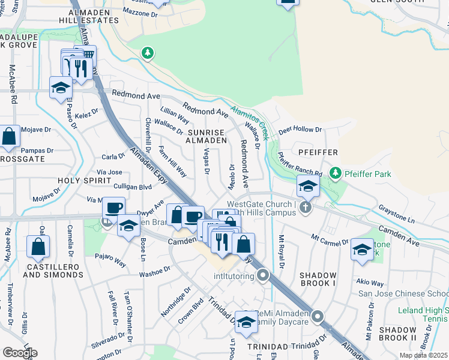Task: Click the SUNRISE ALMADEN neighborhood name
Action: click(x=206, y=136)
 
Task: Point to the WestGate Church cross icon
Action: click(x=306, y=208)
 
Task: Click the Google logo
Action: click(x=20, y=353)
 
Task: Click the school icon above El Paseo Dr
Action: click(x=61, y=88)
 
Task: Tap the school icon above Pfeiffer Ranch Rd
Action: click(x=308, y=187)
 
